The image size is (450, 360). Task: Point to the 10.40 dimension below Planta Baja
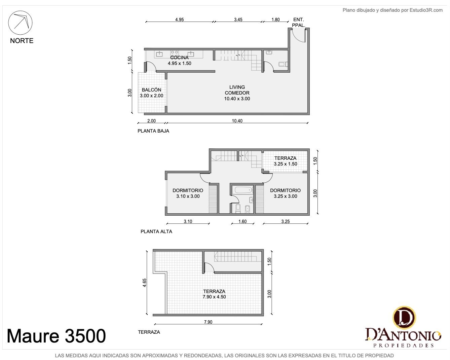(x=237, y=121)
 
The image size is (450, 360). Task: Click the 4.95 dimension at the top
(x=179, y=20)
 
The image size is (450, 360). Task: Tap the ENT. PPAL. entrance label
(x=298, y=23)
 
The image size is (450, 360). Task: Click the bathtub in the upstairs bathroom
(x=243, y=190)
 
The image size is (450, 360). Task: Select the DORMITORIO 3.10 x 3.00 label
(x=188, y=193)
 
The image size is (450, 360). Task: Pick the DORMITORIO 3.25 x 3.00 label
(x=285, y=193)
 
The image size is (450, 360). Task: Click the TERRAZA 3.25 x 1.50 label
(x=285, y=161)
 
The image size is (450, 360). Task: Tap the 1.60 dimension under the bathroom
(x=242, y=221)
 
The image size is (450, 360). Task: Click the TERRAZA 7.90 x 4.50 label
(x=214, y=294)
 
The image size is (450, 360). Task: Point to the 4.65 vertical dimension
(x=144, y=283)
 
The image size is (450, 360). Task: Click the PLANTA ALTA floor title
(x=156, y=231)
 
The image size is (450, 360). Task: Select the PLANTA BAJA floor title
(x=153, y=131)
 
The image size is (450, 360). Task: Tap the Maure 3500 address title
(x=56, y=336)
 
